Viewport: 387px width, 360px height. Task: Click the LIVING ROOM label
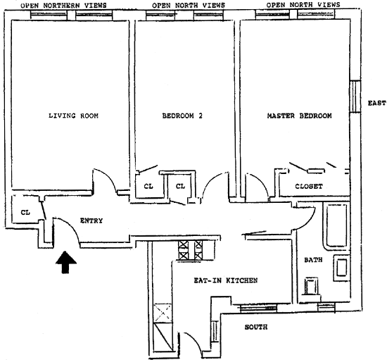(x=73, y=116)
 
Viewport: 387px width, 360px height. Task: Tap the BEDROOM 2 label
(x=182, y=116)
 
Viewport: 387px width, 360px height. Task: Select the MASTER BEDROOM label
(x=299, y=116)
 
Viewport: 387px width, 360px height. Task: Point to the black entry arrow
(x=65, y=262)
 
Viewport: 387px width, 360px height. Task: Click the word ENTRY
(x=91, y=221)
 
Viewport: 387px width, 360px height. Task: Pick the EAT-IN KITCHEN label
(x=226, y=280)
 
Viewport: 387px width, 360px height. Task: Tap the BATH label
(x=313, y=260)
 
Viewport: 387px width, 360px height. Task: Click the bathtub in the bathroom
(x=336, y=226)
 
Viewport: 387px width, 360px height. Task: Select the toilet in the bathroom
(x=311, y=286)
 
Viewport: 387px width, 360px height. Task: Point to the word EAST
(x=376, y=103)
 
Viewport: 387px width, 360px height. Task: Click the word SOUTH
(x=256, y=327)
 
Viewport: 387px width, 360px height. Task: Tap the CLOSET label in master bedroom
(x=309, y=186)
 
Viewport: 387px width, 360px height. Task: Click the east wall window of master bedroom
(x=355, y=97)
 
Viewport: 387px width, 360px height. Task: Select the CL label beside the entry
(x=25, y=212)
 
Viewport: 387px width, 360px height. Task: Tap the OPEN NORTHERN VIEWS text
(x=63, y=6)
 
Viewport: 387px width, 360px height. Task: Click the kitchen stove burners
(x=190, y=250)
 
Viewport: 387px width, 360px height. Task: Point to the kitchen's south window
(x=258, y=308)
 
